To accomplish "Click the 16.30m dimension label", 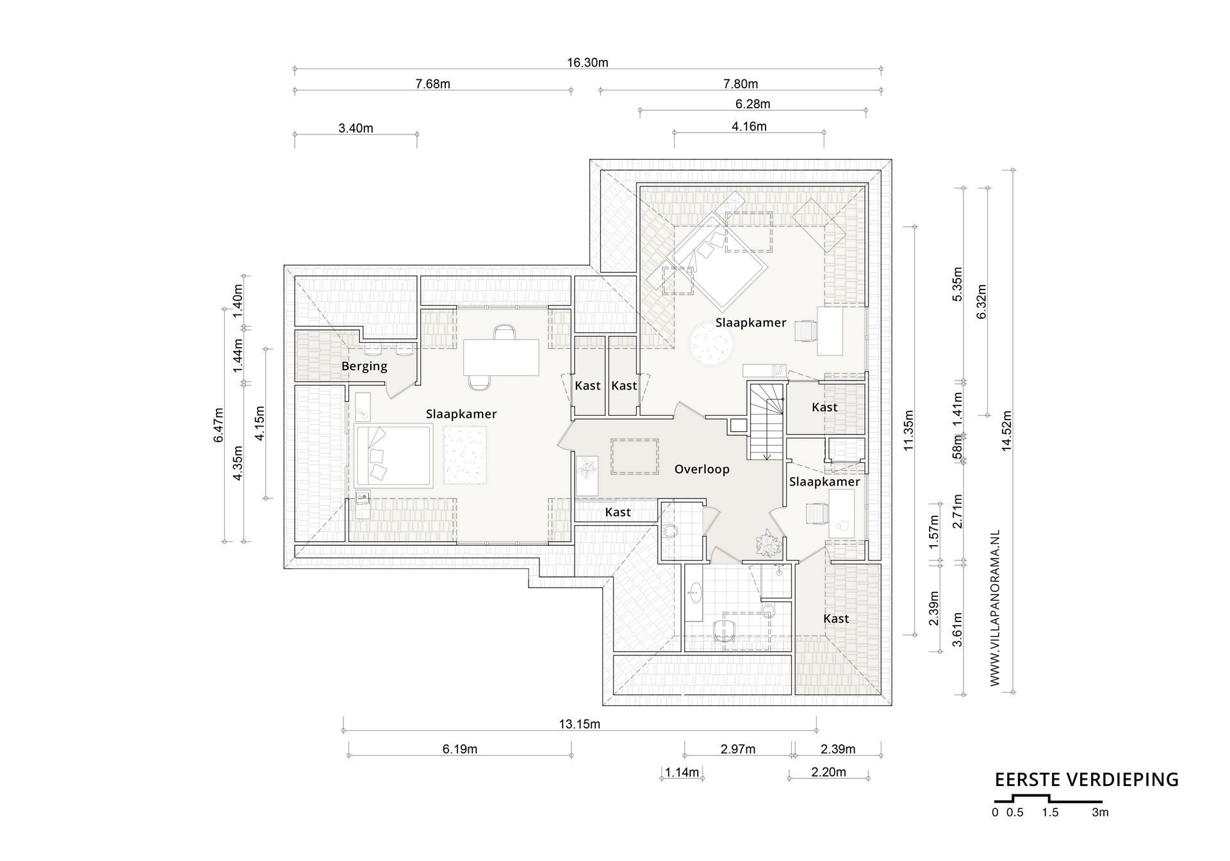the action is pyautogui.click(x=587, y=63).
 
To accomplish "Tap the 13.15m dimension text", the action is pyautogui.click(x=579, y=725).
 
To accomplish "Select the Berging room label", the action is pyautogui.click(x=364, y=366).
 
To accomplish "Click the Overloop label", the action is pyautogui.click(x=701, y=470).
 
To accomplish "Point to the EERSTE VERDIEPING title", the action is pyautogui.click(x=1086, y=780).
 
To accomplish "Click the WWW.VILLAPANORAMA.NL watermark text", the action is pyautogui.click(x=995, y=608).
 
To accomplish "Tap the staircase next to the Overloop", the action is pyautogui.click(x=766, y=421).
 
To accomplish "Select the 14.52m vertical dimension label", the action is pyautogui.click(x=1006, y=431).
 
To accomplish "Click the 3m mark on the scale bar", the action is pyautogui.click(x=1100, y=813).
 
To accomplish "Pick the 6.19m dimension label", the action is pyautogui.click(x=459, y=750).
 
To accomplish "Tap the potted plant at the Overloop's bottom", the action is pyautogui.click(x=767, y=543).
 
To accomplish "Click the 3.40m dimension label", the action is pyautogui.click(x=356, y=128).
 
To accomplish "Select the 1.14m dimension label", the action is pyautogui.click(x=682, y=773).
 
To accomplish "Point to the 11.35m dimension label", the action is pyautogui.click(x=908, y=430).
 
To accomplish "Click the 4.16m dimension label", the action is pyautogui.click(x=749, y=127).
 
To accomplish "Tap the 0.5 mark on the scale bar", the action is pyautogui.click(x=1015, y=813).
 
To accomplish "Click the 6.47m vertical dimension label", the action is pyautogui.click(x=218, y=425).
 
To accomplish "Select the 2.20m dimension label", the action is pyautogui.click(x=828, y=773).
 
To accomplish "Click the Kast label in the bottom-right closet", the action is pyautogui.click(x=836, y=619).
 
